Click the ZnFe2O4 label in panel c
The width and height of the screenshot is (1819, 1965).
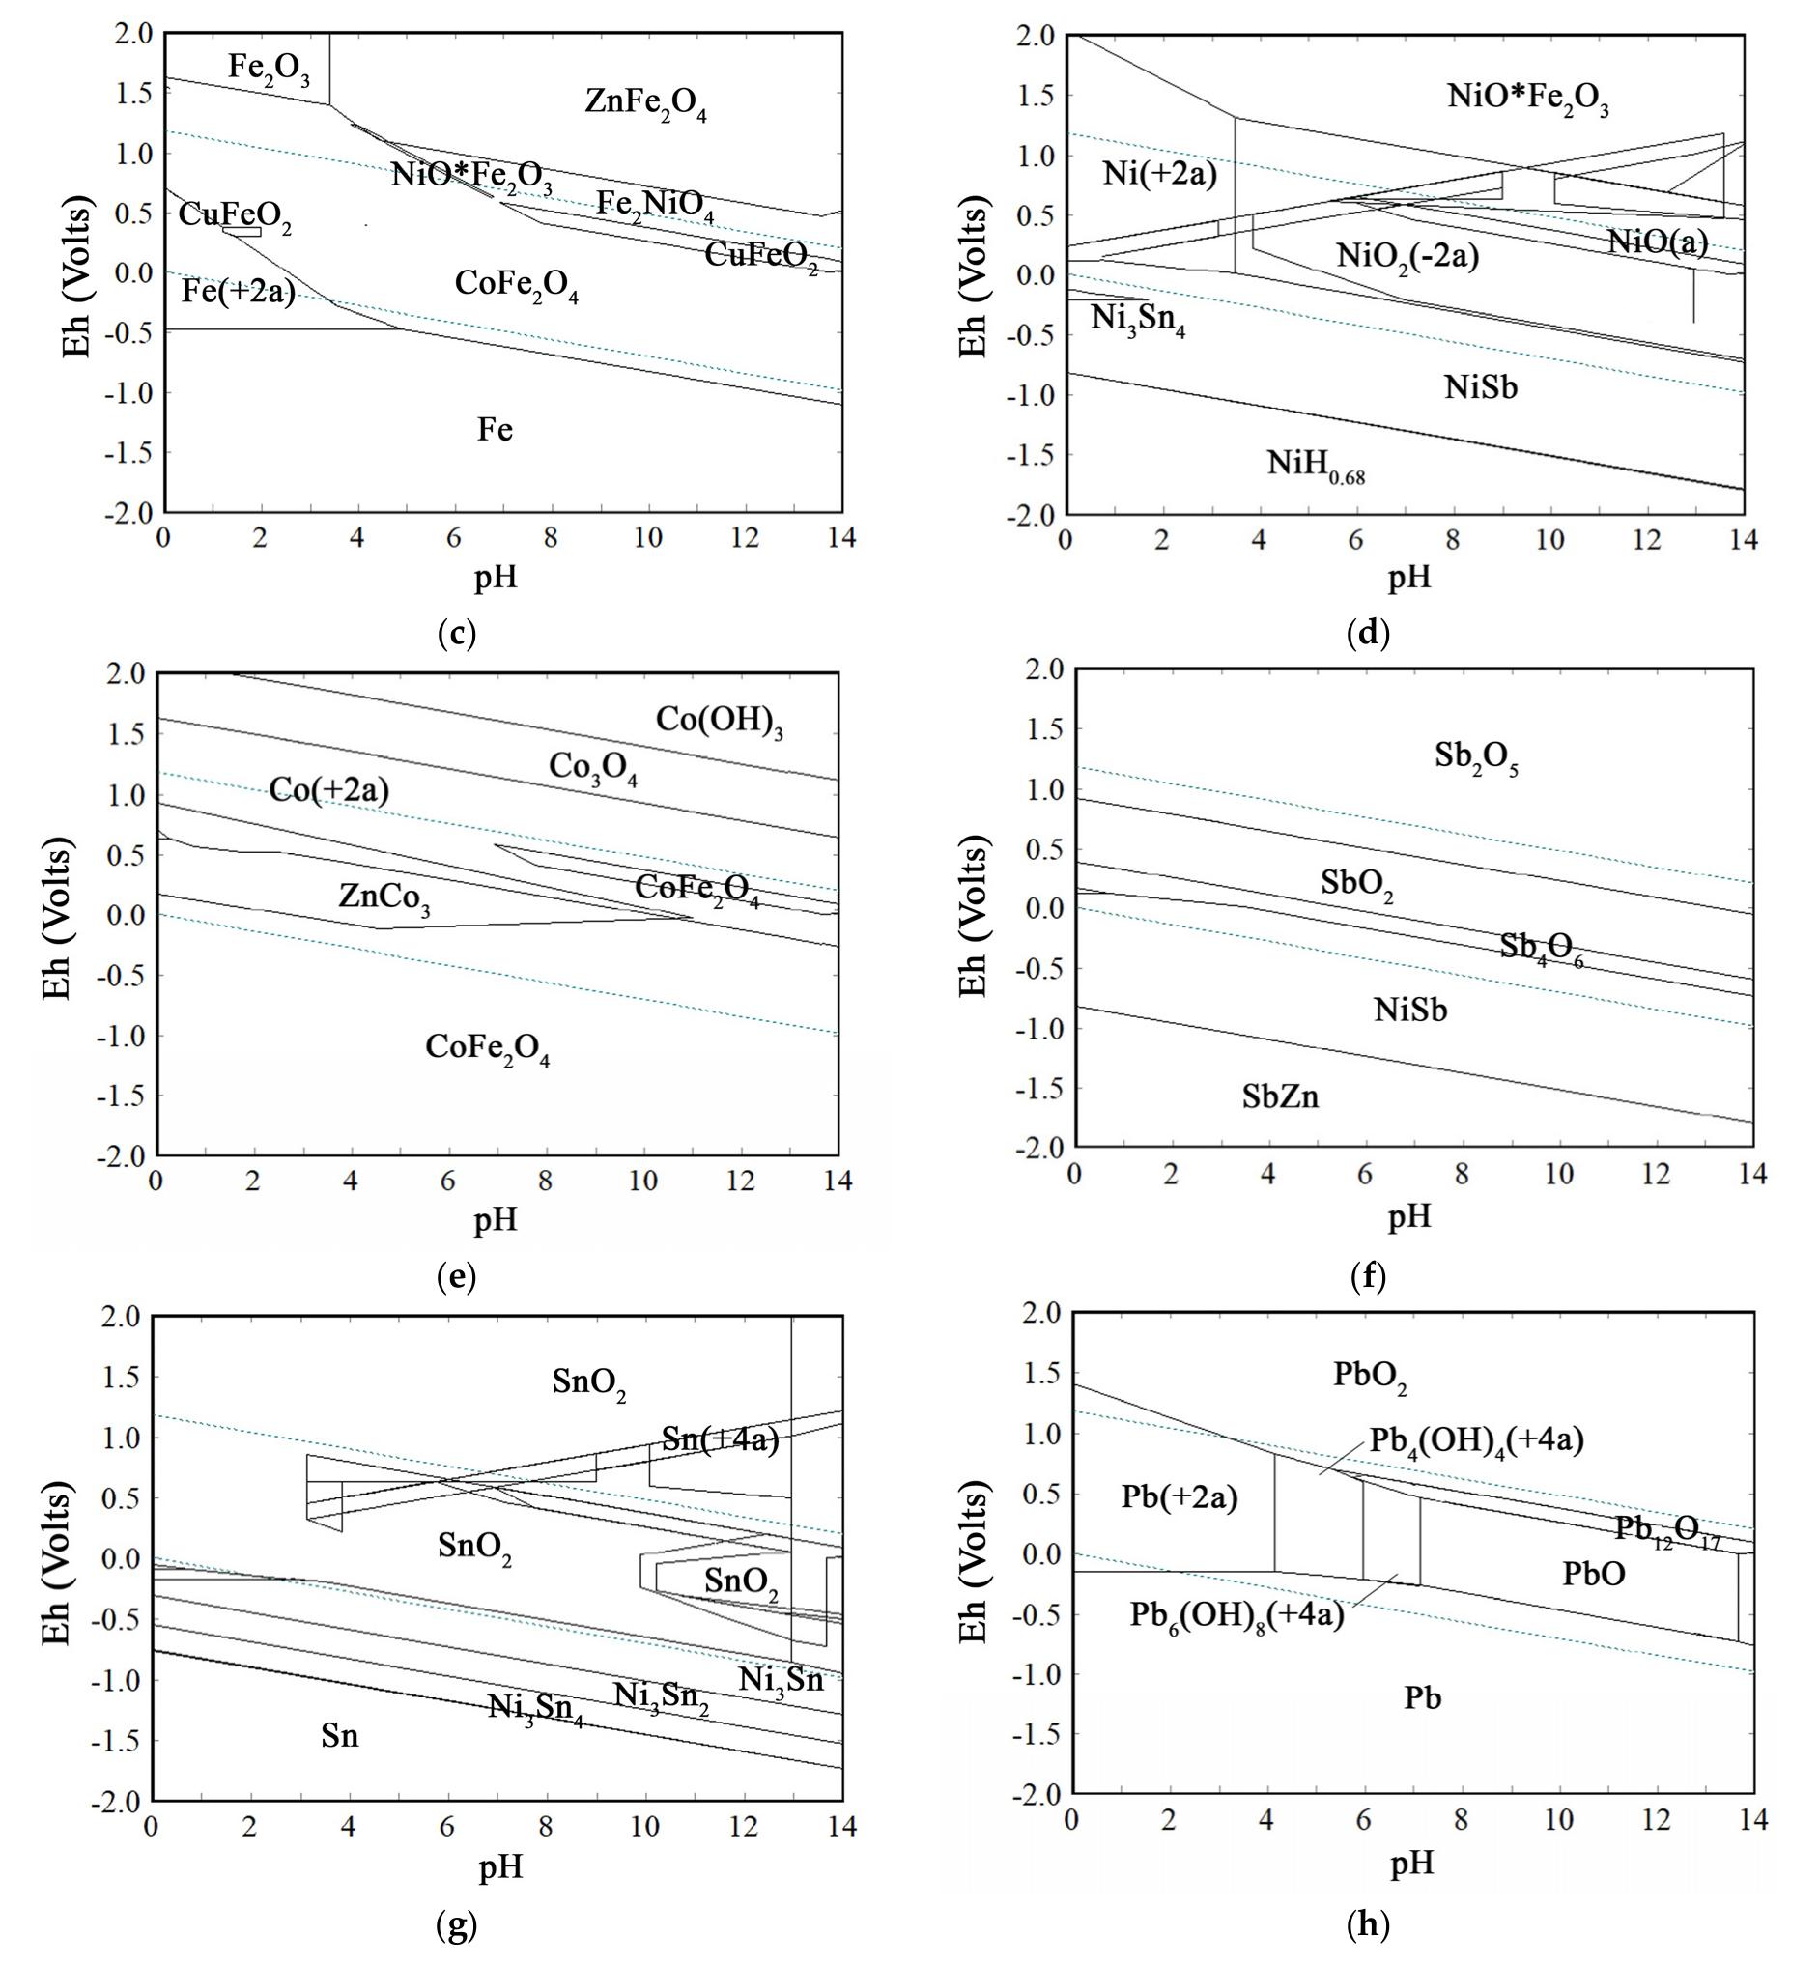(x=645, y=103)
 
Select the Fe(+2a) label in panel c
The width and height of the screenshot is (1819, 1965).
(x=239, y=292)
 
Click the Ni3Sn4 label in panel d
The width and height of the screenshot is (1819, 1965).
(x=1138, y=320)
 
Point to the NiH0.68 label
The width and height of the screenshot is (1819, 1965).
(x=1315, y=463)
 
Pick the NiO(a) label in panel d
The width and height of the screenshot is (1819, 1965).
(x=1658, y=242)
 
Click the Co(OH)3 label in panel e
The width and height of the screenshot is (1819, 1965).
(x=720, y=721)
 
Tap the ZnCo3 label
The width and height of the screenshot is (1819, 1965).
(x=384, y=897)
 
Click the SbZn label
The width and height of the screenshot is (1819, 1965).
(x=1280, y=1096)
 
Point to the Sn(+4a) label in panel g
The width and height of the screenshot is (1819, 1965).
(x=720, y=1440)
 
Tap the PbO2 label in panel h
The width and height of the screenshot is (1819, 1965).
(x=1369, y=1376)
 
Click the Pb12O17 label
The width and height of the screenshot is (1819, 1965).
(x=1667, y=1530)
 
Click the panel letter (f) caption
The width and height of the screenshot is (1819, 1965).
(x=1368, y=1277)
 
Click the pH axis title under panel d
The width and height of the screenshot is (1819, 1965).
(x=1408, y=577)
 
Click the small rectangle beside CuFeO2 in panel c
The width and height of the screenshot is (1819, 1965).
(x=242, y=231)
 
